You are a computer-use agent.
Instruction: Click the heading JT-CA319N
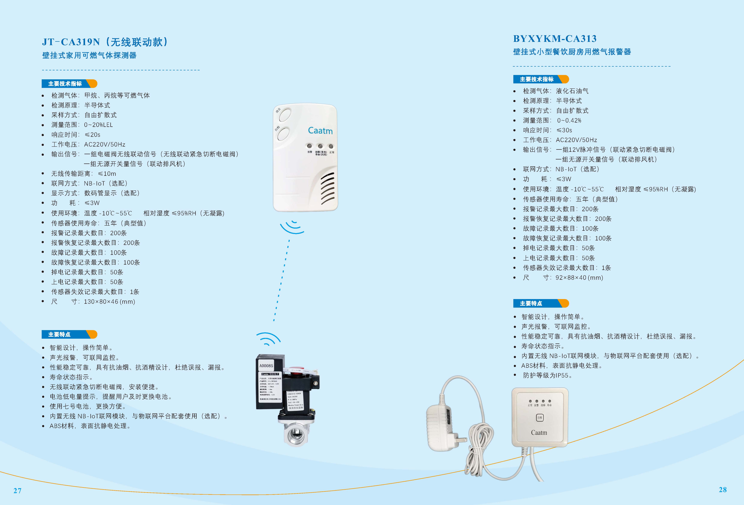pyautogui.click(x=71, y=42)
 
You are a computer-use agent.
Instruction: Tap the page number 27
pyautogui.click(x=17, y=491)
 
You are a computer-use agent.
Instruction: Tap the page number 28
pyautogui.click(x=723, y=490)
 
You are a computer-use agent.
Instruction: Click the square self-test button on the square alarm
pyautogui.click(x=540, y=418)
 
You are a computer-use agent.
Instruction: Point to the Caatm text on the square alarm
pyautogui.click(x=539, y=433)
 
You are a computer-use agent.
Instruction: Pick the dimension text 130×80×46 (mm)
pyautogui.click(x=109, y=302)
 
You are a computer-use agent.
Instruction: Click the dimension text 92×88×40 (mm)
pyautogui.click(x=579, y=278)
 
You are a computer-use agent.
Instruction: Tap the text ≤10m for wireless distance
pyautogui.click(x=107, y=174)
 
